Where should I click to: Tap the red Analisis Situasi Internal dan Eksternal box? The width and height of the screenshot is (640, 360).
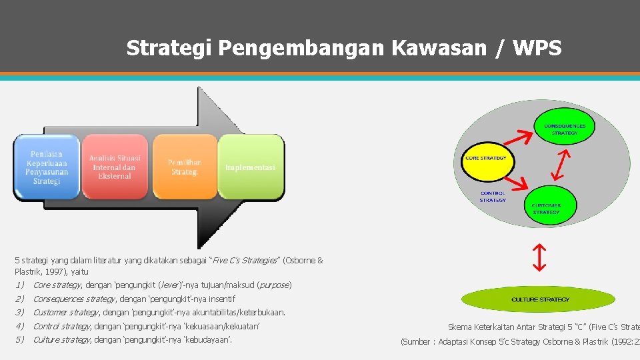(x=115, y=167)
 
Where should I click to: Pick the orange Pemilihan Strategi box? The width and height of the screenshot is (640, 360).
(x=184, y=167)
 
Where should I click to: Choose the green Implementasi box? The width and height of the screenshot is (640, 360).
(x=251, y=167)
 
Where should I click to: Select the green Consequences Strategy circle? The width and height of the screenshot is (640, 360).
(x=564, y=129)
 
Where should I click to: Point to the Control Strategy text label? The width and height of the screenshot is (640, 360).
(x=493, y=197)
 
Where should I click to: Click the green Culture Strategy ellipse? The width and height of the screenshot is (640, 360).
(x=540, y=299)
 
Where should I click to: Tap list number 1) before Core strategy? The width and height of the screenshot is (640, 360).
(x=19, y=285)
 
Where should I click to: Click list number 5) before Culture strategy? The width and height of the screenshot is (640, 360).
(x=19, y=340)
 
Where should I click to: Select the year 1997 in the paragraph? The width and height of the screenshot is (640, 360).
(x=52, y=272)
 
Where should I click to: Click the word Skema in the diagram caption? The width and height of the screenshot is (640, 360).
(x=460, y=327)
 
